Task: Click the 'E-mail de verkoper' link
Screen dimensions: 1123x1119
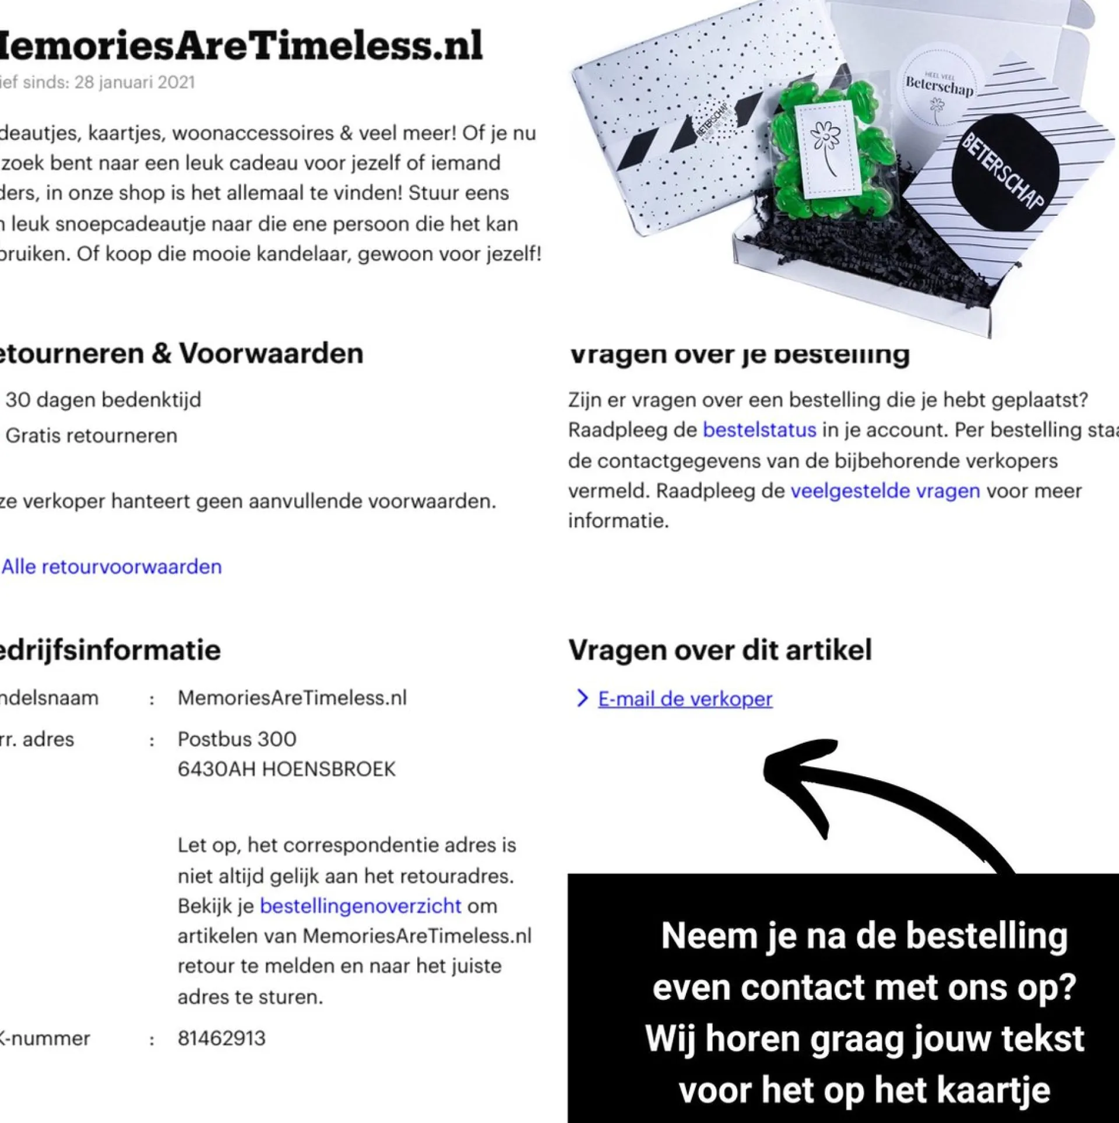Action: coord(685,699)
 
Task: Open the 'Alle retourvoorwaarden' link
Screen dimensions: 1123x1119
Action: coord(112,567)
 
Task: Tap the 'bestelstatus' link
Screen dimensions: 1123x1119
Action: coord(759,430)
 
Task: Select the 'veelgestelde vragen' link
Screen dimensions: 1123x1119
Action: coord(885,491)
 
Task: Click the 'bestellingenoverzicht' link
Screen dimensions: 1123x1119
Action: coord(360,906)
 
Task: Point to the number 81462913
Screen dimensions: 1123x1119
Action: coord(221,1038)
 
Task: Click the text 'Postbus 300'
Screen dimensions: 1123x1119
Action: coord(237,739)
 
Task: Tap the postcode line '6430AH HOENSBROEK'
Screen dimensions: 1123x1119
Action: coord(286,769)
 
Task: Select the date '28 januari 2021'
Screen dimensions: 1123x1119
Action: coord(135,82)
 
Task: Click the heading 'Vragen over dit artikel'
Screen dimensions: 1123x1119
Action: coord(720,650)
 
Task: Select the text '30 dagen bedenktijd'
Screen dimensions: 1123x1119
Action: coord(103,400)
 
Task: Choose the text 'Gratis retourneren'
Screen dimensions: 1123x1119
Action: coord(92,436)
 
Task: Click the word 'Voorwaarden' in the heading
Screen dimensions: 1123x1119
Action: coord(270,353)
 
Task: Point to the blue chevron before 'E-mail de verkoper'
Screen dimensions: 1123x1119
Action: coord(582,699)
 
